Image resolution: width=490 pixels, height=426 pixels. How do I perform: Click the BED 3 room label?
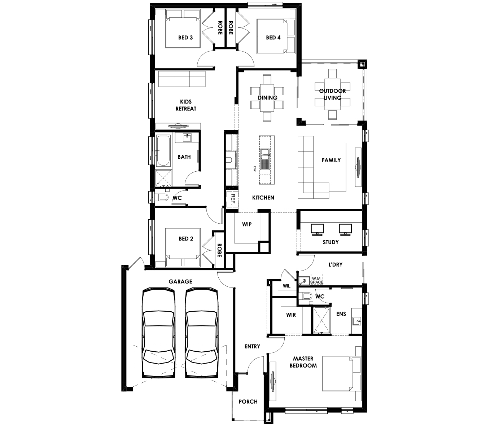[185, 38]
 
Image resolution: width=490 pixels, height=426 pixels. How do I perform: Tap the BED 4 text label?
[273, 38]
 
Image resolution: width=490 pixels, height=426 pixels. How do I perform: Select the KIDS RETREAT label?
[186, 105]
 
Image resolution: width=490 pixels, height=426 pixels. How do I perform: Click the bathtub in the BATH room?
[163, 150]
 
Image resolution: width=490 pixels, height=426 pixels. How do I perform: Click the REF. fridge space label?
[233, 200]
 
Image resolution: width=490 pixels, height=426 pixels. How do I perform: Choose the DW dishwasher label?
[255, 169]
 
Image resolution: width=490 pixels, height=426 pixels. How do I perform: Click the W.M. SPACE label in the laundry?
[316, 280]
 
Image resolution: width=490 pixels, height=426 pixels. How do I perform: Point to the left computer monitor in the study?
[317, 230]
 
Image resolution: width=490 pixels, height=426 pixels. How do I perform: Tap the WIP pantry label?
[247, 224]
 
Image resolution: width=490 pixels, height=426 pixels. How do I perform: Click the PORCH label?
[248, 401]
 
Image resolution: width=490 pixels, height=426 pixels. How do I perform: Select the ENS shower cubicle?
[322, 320]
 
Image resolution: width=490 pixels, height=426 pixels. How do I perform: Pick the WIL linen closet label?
[286, 286]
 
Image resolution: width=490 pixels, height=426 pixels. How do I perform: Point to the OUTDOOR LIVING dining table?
[332, 94]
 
